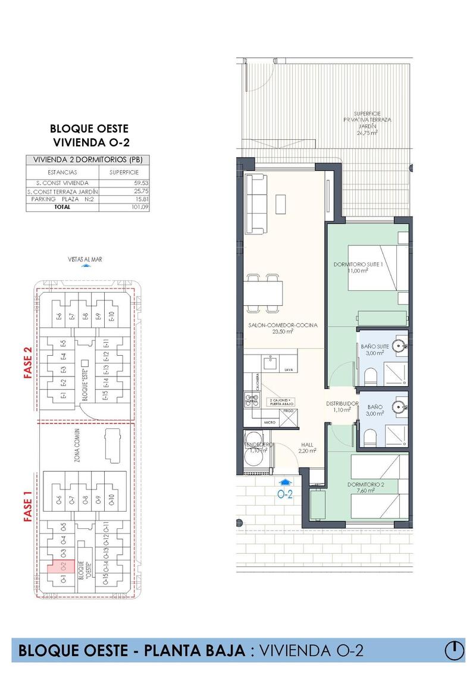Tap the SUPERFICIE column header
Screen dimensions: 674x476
point(124,172)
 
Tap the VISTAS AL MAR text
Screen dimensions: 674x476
point(86,259)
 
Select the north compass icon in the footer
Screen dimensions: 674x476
point(455,650)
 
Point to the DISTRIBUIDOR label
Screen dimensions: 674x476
point(342,404)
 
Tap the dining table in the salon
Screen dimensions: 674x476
point(263,292)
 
